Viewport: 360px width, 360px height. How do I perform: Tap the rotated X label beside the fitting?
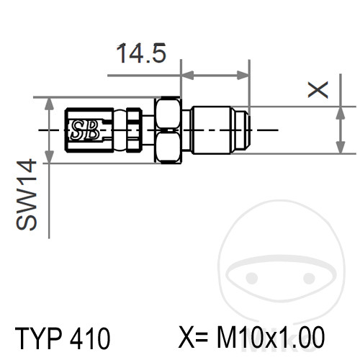click(x=318, y=89)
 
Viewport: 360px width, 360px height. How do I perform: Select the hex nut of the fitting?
click(x=167, y=130)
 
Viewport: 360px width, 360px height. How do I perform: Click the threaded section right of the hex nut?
click(x=216, y=130)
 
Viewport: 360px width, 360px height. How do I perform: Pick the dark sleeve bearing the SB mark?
click(x=86, y=130)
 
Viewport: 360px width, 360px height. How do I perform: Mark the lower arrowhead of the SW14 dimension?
click(x=49, y=156)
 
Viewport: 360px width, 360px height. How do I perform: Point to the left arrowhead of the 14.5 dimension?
click(x=186, y=74)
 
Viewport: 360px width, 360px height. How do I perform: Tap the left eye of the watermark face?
click(x=251, y=278)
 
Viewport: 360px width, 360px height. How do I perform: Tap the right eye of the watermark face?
click(x=309, y=278)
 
